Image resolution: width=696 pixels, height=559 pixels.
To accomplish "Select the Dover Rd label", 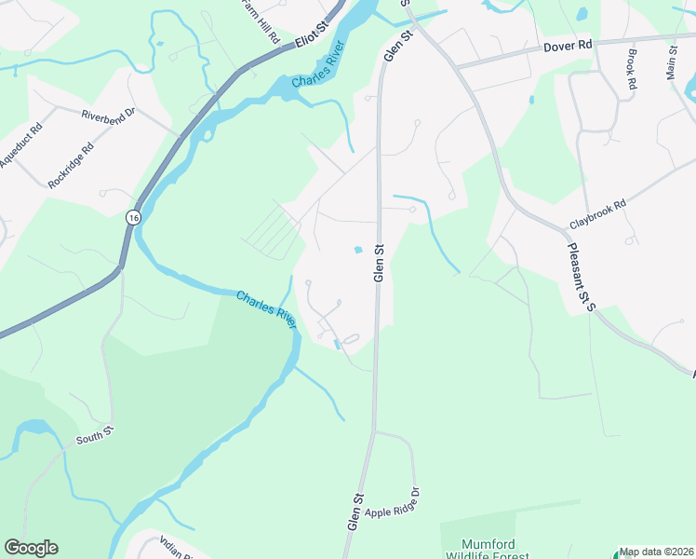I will [x=568, y=44].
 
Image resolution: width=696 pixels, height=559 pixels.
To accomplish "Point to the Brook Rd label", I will [x=632, y=72].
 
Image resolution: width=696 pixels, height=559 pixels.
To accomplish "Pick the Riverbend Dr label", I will [x=108, y=116].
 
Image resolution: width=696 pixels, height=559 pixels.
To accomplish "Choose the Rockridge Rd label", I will [x=72, y=165].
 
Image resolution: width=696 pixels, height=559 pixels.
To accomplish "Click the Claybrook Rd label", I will [x=598, y=214].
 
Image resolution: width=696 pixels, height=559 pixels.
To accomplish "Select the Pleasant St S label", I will [x=579, y=277].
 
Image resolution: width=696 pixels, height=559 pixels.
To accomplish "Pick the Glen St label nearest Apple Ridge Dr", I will [x=354, y=511].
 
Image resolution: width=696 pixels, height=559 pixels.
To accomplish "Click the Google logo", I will [x=31, y=548].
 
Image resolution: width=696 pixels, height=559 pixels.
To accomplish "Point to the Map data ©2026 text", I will [x=656, y=552].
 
